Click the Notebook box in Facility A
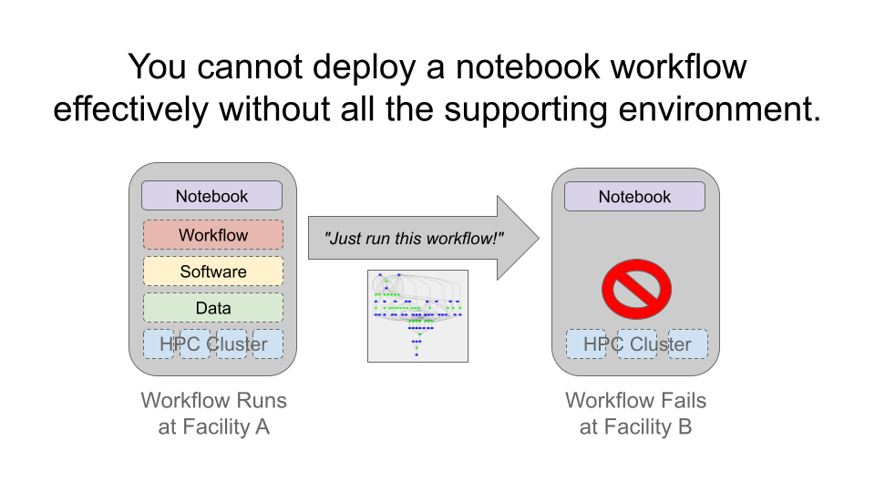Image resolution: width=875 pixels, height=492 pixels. pyautogui.click(x=212, y=196)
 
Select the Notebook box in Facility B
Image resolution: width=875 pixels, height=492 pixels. pyautogui.click(x=634, y=197)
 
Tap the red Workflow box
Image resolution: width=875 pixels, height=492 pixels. pyautogui.click(x=213, y=235)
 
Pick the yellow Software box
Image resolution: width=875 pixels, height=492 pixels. pyautogui.click(x=213, y=272)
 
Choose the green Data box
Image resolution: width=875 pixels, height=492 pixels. pyautogui.click(x=213, y=308)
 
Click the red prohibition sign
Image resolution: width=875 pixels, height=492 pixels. pyautogui.click(x=636, y=289)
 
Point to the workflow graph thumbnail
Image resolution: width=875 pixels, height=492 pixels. pyautogui.click(x=418, y=316)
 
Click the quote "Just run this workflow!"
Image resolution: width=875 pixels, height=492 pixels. pyautogui.click(x=414, y=239)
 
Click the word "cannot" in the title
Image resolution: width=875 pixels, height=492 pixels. pyautogui.click(x=250, y=67)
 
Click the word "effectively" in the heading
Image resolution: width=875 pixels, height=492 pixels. pyautogui.click(x=130, y=109)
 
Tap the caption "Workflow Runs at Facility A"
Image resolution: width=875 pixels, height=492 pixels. pyautogui.click(x=213, y=414)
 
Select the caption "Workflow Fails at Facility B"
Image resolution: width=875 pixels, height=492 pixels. pyautogui.click(x=635, y=414)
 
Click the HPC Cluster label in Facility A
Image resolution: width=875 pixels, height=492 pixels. pyautogui.click(x=213, y=344)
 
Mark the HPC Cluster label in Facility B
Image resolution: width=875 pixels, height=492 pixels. pyautogui.click(x=637, y=344)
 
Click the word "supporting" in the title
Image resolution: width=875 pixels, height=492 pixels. pyautogui.click(x=526, y=110)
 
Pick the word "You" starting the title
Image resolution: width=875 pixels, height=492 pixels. pyautogui.click(x=158, y=67)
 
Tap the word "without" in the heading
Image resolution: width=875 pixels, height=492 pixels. pyautogui.click(x=274, y=108)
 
